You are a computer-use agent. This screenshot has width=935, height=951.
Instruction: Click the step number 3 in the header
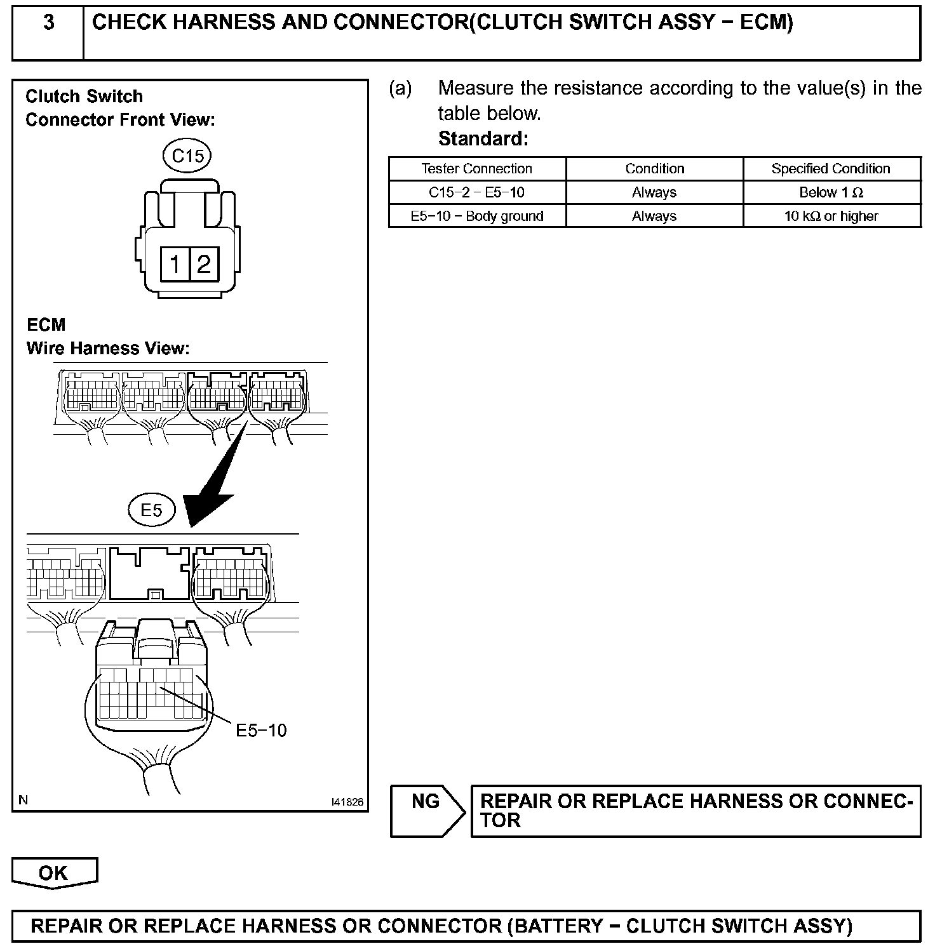coord(48,23)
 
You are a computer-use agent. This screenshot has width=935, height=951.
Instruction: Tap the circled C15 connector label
coord(187,156)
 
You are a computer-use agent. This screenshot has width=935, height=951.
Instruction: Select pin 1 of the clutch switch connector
coord(175,263)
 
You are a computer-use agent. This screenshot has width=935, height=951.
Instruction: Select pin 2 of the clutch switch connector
coord(203,263)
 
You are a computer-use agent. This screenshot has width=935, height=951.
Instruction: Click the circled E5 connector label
coord(151,510)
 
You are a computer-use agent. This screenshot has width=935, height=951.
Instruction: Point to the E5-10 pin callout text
coord(261,731)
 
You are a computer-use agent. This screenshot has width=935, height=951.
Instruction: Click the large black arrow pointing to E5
coord(213,482)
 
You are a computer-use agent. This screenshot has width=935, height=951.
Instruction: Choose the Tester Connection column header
coord(476,169)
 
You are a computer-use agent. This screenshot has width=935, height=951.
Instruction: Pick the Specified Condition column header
coord(831,169)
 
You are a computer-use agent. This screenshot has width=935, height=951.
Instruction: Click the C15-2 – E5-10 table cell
coord(476,192)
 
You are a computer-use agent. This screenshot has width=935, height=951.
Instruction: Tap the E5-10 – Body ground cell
coord(476,216)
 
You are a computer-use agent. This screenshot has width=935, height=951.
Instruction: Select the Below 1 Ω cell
coord(831,192)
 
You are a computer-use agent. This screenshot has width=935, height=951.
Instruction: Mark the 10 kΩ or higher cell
coord(831,216)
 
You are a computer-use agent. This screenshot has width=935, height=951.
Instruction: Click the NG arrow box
coord(427,811)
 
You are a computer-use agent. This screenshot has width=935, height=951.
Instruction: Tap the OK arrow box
coord(54,873)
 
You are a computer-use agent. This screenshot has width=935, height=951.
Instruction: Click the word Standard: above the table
coord(483,138)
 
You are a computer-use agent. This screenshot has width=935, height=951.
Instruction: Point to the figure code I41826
coord(347,802)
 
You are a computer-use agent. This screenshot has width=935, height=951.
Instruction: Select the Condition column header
coord(654,169)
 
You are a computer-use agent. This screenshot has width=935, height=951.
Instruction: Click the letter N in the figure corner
coord(24,800)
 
